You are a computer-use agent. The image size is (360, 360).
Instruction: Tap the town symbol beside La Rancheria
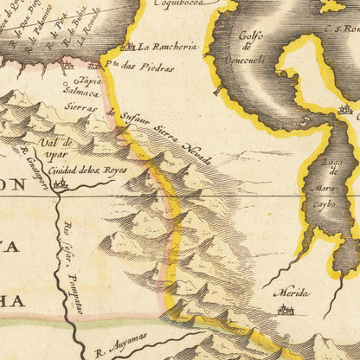[131, 46]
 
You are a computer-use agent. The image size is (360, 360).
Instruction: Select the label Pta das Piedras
[132, 64]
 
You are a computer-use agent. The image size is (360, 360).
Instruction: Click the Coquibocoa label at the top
[181, 4]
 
